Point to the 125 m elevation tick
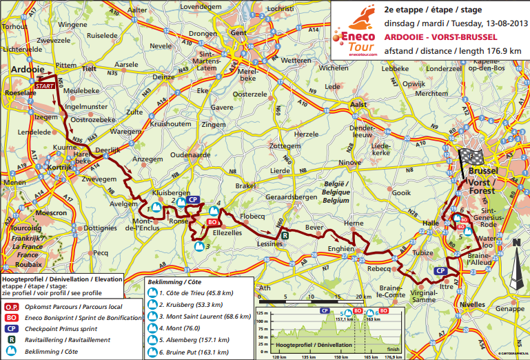pos(261,312)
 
